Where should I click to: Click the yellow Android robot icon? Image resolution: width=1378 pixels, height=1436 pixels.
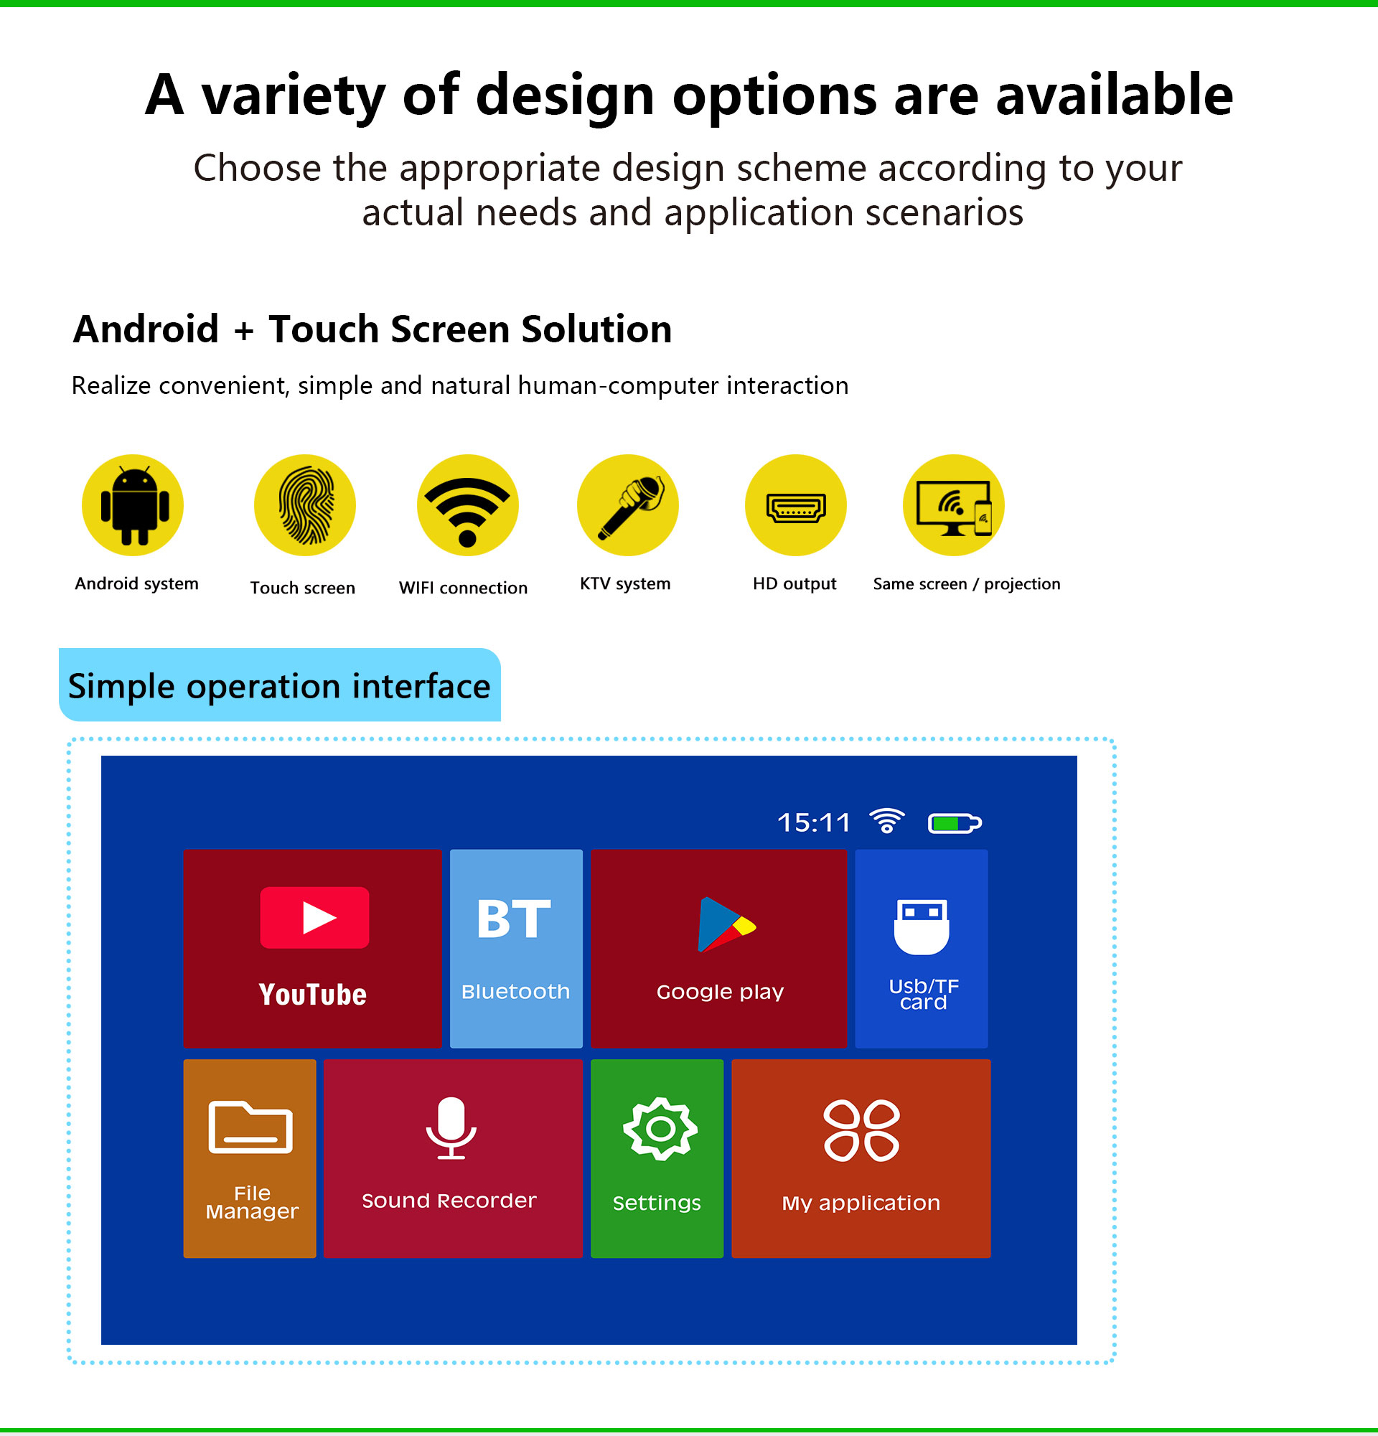pyautogui.click(x=133, y=505)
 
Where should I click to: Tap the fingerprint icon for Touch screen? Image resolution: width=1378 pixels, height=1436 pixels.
pyautogui.click(x=305, y=505)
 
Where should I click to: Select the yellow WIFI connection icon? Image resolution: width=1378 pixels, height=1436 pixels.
pyautogui.click(x=467, y=505)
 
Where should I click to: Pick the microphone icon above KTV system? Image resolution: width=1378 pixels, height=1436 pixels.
pyautogui.click(x=628, y=505)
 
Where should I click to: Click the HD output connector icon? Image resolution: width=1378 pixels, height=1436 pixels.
pyautogui.click(x=796, y=505)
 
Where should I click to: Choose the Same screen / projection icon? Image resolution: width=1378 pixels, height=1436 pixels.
pyautogui.click(x=953, y=505)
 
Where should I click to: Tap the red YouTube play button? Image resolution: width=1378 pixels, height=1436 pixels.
pyautogui.click(x=314, y=917)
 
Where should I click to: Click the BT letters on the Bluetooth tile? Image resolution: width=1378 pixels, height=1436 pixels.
pyautogui.click(x=514, y=919)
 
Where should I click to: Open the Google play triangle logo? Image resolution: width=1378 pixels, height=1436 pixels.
pyautogui.click(x=726, y=924)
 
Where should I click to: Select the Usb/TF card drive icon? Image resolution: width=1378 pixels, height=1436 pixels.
pyautogui.click(x=922, y=926)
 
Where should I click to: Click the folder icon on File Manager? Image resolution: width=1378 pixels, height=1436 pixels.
pyautogui.click(x=250, y=1127)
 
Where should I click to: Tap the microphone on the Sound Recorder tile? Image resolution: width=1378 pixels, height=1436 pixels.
pyautogui.click(x=451, y=1127)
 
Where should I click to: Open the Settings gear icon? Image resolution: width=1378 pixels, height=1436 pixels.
pyautogui.click(x=660, y=1129)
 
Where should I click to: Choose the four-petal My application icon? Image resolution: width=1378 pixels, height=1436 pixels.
pyautogui.click(x=861, y=1130)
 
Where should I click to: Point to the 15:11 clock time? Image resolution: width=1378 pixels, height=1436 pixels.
pyautogui.click(x=813, y=822)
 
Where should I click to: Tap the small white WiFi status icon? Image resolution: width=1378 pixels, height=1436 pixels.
pyautogui.click(x=886, y=820)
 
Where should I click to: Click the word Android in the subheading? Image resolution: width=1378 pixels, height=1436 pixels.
pyautogui.click(x=146, y=329)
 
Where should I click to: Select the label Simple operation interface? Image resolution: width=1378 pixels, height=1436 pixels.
pyautogui.click(x=279, y=687)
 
